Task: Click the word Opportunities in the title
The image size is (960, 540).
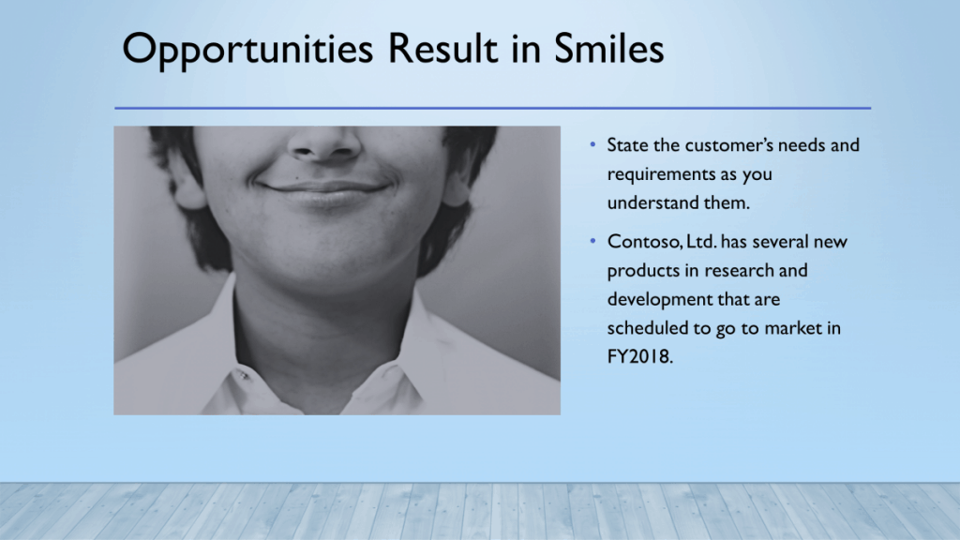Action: pyautogui.click(x=247, y=50)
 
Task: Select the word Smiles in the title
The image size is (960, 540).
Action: pyautogui.click(x=608, y=48)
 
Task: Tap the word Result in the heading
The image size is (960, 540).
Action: pyautogui.click(x=442, y=48)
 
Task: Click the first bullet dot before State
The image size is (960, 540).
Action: pyautogui.click(x=592, y=145)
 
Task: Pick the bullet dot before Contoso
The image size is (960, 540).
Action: pyautogui.click(x=592, y=241)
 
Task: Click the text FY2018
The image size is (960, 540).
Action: pyautogui.click(x=639, y=356)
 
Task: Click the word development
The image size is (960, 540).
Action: pyautogui.click(x=660, y=300)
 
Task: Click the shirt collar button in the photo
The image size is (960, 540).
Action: pyautogui.click(x=243, y=374)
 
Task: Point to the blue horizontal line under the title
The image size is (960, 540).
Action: pyautogui.click(x=492, y=109)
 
